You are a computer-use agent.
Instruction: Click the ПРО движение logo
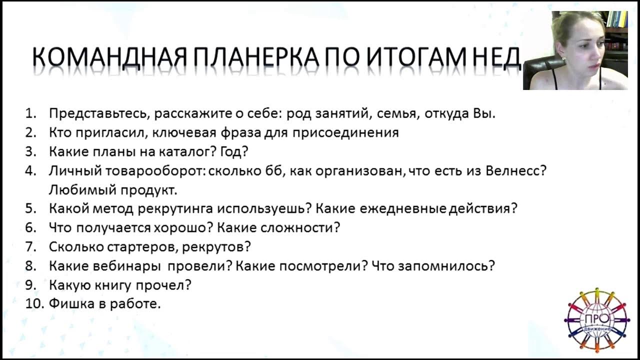[596, 319]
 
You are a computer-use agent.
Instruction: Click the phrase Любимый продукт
[113, 190]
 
